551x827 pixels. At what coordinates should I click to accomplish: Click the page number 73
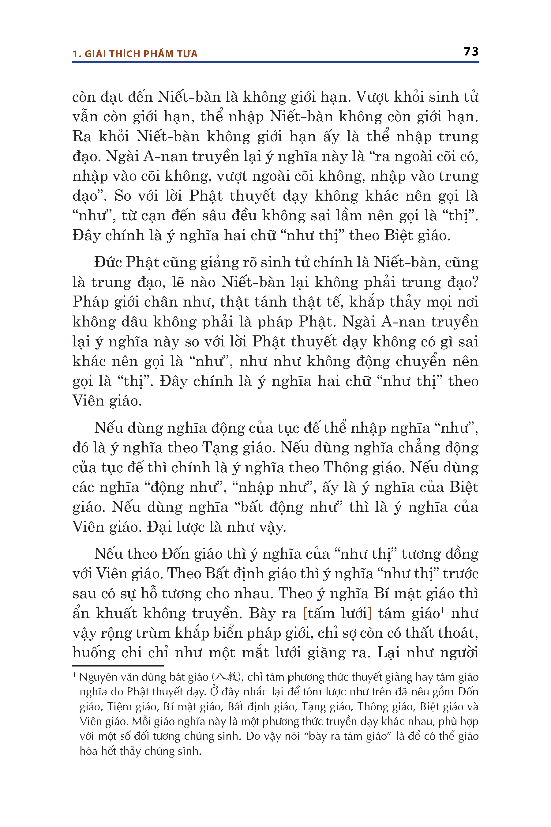471,52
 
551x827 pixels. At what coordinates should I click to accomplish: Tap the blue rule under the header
275,62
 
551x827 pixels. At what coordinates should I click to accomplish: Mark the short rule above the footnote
118,666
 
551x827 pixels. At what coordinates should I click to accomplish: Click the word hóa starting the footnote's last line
88,751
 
